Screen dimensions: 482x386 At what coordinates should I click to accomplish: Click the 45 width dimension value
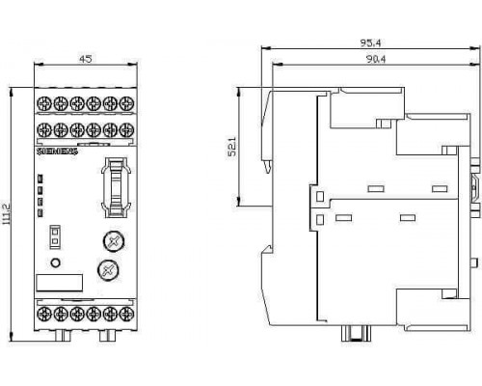coord(86,59)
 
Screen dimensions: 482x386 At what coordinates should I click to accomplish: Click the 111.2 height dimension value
coord(7,213)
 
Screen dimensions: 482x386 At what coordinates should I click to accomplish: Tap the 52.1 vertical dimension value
coord(231,147)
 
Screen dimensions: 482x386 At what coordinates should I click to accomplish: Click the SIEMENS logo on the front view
coord(58,152)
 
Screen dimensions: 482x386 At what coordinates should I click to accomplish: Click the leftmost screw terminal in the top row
coord(44,104)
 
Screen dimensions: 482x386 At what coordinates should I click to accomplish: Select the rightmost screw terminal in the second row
coord(126,130)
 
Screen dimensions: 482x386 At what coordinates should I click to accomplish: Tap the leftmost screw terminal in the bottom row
coord(44,314)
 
